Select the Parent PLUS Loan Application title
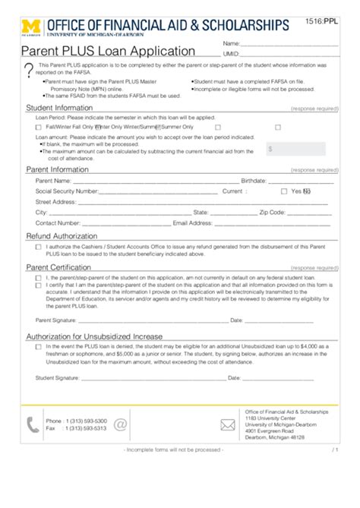[x=107, y=52]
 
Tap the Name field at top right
[x=289, y=44]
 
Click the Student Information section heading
[x=60, y=108]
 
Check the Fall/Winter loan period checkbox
[x=39, y=128]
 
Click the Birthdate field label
[x=253, y=181]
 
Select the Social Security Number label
[x=67, y=191]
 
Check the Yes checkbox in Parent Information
[x=284, y=191]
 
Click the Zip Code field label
[x=271, y=213]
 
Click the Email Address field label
[x=191, y=223]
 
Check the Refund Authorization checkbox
[x=39, y=247]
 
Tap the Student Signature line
[x=153, y=377]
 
